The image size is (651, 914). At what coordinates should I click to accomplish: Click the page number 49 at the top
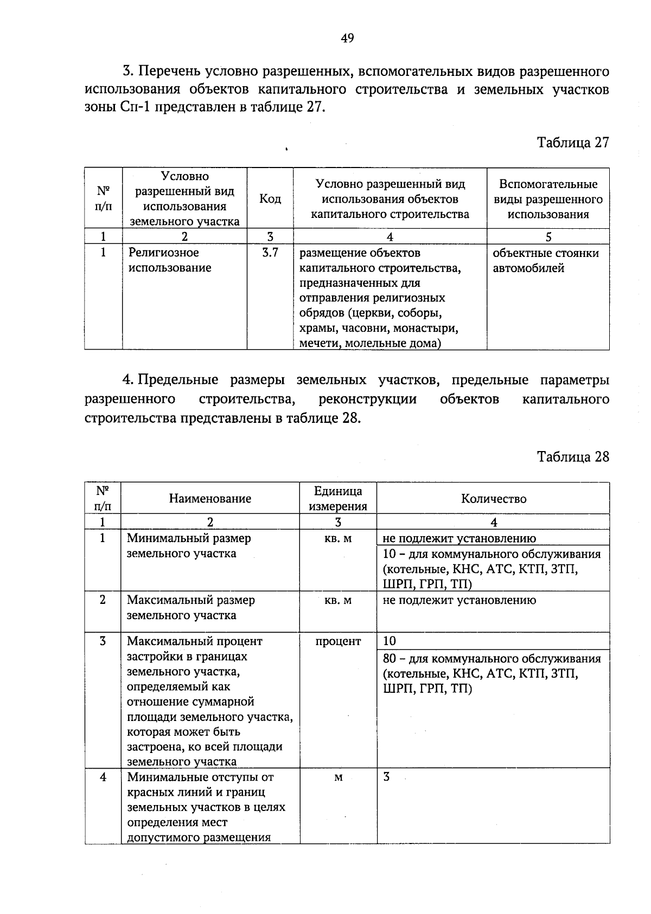pyautogui.click(x=348, y=38)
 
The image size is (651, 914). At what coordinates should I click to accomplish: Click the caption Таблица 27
pyautogui.click(x=573, y=143)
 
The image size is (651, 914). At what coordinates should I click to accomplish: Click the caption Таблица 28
pyautogui.click(x=573, y=456)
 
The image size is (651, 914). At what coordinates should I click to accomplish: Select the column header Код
pyautogui.click(x=270, y=199)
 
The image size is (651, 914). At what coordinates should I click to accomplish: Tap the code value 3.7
pyautogui.click(x=270, y=253)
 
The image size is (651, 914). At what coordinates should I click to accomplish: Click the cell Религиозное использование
pyautogui.click(x=170, y=260)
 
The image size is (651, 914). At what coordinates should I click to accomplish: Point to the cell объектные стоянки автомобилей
pyautogui.click(x=545, y=260)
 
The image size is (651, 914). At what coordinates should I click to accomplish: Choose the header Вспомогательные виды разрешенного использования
pyautogui.click(x=548, y=199)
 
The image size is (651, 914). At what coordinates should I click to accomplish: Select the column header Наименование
pyautogui.click(x=210, y=499)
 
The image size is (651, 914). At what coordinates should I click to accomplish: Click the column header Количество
pyautogui.click(x=493, y=499)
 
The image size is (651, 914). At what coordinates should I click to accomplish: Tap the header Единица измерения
pyautogui.click(x=338, y=499)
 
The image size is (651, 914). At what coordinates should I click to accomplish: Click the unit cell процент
pyautogui.click(x=338, y=641)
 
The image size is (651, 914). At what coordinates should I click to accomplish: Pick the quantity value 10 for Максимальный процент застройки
pyautogui.click(x=390, y=641)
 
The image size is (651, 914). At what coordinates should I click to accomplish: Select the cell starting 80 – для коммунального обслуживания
pyautogui.click(x=492, y=674)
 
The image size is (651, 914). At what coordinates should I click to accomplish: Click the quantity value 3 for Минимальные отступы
pyautogui.click(x=386, y=777)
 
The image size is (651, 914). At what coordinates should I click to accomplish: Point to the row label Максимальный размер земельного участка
pyautogui.click(x=190, y=608)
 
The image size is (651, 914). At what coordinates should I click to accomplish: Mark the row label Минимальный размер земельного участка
pyautogui.click(x=189, y=546)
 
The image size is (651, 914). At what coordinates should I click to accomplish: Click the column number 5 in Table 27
pyautogui.click(x=548, y=237)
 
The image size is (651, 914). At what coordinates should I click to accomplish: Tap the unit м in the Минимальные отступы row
pyautogui.click(x=338, y=777)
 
